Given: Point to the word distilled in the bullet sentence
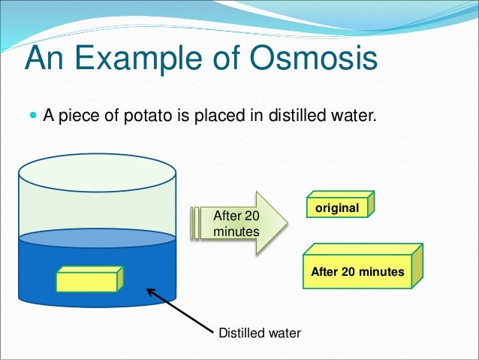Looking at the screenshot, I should (x=285, y=116).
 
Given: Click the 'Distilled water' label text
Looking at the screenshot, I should (x=258, y=332).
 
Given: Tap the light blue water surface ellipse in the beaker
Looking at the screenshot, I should (x=97, y=238).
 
